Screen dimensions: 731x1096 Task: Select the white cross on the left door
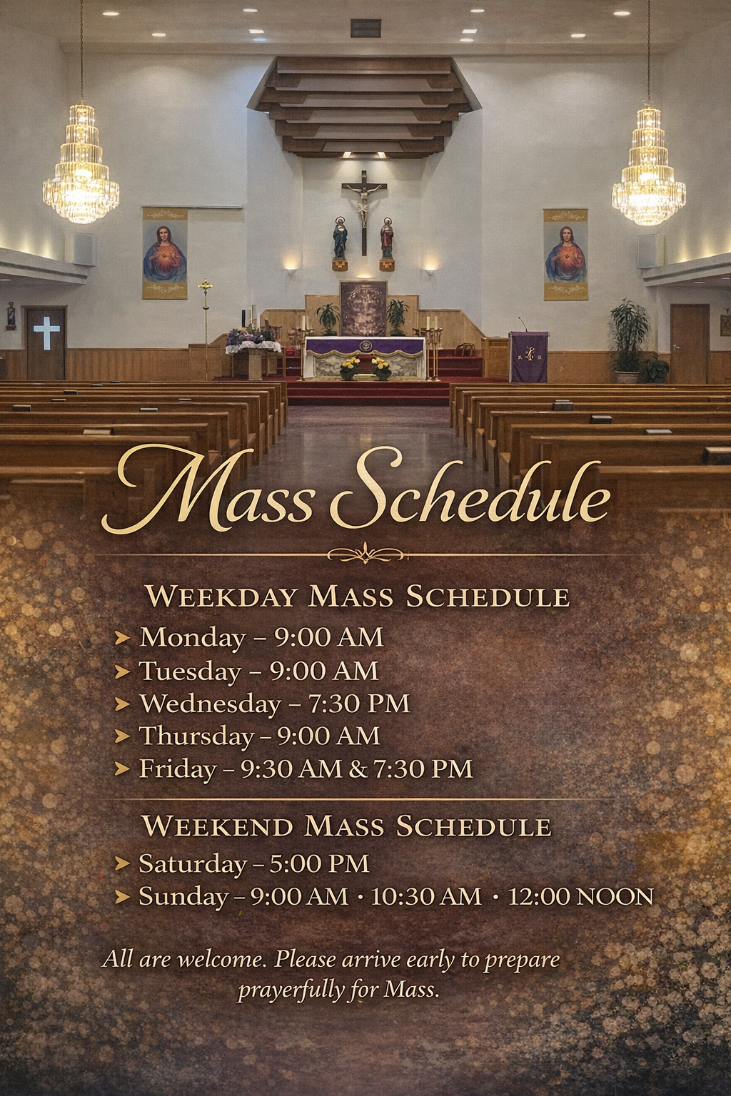click(46, 333)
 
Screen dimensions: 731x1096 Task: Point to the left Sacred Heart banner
click(164, 253)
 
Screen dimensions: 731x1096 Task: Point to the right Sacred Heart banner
click(565, 255)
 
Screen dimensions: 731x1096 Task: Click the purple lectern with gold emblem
click(529, 357)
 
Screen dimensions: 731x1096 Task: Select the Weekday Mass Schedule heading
click(358, 596)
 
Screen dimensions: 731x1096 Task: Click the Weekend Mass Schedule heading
click(346, 826)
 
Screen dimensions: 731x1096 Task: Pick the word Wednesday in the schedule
click(211, 704)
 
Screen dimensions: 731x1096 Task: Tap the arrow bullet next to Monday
click(122, 638)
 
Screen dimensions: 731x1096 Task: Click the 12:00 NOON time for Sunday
click(580, 896)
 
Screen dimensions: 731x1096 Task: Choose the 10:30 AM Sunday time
click(426, 896)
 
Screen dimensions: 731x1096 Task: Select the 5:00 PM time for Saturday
click(319, 863)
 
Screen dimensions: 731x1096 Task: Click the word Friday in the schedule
click(178, 769)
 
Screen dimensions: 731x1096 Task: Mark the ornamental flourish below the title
click(366, 554)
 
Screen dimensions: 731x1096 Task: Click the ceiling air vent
click(365, 29)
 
